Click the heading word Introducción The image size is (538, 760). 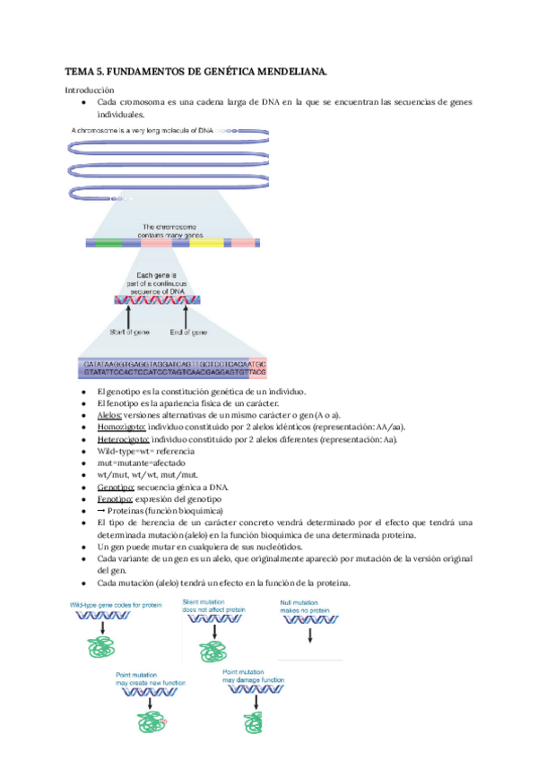tap(90, 90)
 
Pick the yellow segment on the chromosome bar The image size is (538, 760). tap(206, 242)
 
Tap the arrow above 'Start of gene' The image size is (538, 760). tap(132, 317)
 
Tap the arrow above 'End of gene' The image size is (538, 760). tap(187, 317)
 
